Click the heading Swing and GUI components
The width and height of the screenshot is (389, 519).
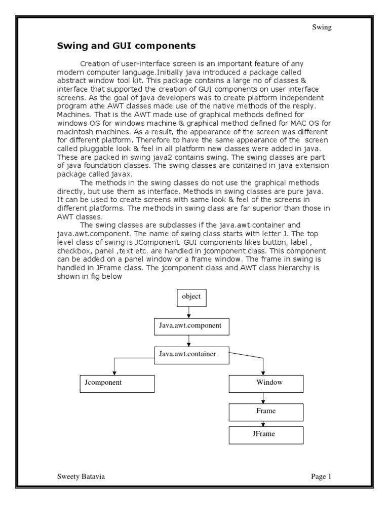125,47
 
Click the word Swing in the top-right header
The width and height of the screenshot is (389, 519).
322,27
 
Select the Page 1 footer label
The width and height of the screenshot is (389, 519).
321,476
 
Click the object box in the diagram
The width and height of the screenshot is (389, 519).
191,298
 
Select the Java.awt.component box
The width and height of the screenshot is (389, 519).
191,326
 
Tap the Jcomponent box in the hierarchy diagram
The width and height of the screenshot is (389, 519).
116,383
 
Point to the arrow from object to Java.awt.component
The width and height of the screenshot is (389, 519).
188,312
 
